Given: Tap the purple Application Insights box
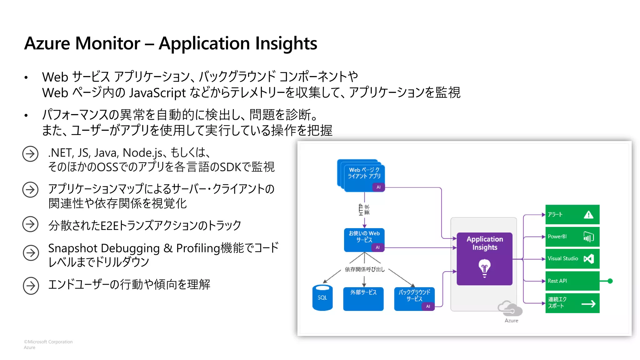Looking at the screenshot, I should (484, 258).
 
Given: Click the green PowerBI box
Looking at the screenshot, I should (572, 237).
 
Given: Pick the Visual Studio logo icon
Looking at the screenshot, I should (589, 259).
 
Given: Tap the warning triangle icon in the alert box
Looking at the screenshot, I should (588, 215).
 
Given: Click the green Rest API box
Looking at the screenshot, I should (572, 281).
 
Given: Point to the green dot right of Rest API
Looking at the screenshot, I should (610, 281).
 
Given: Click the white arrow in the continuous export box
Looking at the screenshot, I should (588, 303).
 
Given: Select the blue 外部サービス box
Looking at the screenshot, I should (363, 298).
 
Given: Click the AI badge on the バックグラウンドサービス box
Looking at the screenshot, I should (428, 306).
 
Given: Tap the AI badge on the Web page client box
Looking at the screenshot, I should (378, 187).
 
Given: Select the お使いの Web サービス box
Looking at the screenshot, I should (364, 239).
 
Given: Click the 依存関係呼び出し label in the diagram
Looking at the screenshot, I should (365, 269).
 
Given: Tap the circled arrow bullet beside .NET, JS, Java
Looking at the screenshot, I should (30, 154).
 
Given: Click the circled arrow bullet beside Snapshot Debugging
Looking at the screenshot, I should (31, 253).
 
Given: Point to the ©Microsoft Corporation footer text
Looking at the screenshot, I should (48, 342).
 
